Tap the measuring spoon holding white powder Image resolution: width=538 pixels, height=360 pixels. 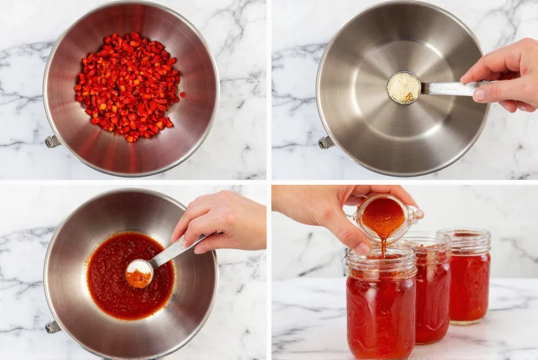404,88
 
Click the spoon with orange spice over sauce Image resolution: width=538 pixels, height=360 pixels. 139,273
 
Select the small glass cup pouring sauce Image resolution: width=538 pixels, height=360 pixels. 385,218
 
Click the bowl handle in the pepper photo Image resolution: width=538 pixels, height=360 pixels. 52,141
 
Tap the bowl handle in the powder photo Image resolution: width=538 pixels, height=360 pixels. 325,142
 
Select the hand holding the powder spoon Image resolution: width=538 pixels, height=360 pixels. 504,75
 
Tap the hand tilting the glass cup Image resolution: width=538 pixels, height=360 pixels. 336,210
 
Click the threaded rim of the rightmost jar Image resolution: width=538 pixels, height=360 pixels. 464,241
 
